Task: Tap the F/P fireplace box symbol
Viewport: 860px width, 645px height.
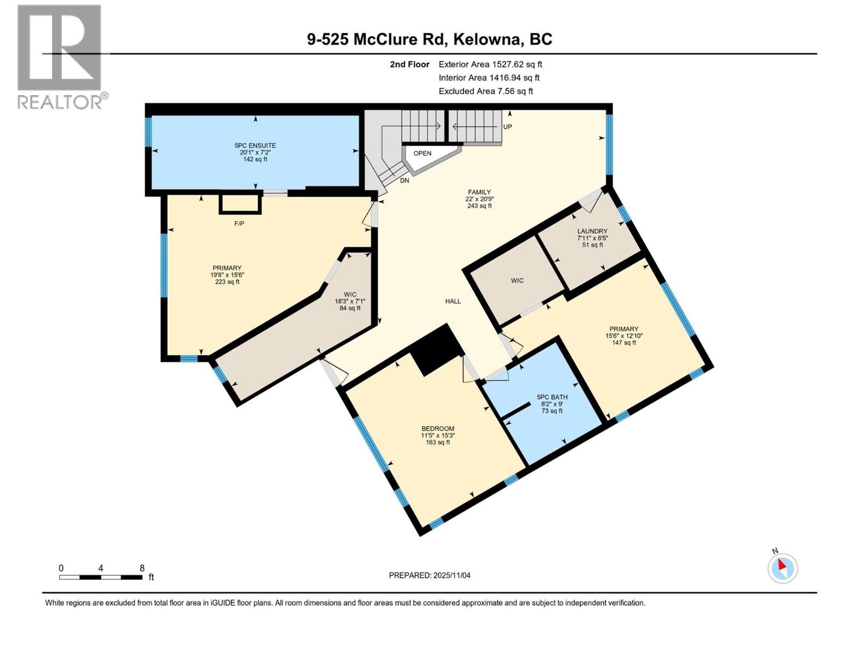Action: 240,204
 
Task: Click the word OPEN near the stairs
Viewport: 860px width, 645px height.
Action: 422,153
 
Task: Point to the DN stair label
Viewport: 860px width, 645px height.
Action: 404,181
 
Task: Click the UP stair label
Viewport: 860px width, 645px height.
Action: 507,127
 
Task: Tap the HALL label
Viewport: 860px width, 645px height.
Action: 453,302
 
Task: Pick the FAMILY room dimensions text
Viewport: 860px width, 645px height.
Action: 479,199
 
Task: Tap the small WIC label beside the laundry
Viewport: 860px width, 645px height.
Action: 517,281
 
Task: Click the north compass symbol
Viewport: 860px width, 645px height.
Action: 783,568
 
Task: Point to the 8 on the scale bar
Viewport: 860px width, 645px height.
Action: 142,568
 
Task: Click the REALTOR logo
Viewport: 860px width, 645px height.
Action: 60,56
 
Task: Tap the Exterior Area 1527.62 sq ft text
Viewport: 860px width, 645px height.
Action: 490,64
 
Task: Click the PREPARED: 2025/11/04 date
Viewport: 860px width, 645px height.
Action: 429,575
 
